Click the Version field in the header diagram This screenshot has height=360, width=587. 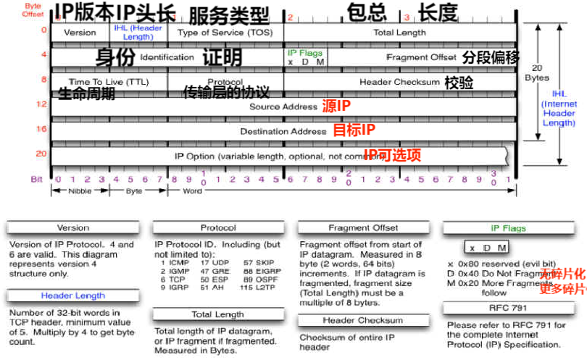point(80,33)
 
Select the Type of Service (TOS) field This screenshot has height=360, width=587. point(225,33)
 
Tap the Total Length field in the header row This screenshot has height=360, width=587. point(399,33)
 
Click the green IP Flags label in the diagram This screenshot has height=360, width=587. point(304,53)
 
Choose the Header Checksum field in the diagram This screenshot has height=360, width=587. point(399,82)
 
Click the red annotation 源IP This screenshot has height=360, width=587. point(336,106)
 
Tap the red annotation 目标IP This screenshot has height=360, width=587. point(354,130)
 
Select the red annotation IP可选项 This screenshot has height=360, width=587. point(392,154)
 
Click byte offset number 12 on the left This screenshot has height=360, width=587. point(42,105)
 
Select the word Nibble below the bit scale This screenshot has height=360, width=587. point(80,191)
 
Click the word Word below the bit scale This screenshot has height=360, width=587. point(193,191)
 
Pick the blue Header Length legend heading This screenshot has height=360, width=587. point(72,296)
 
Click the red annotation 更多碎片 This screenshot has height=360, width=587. point(562,288)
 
